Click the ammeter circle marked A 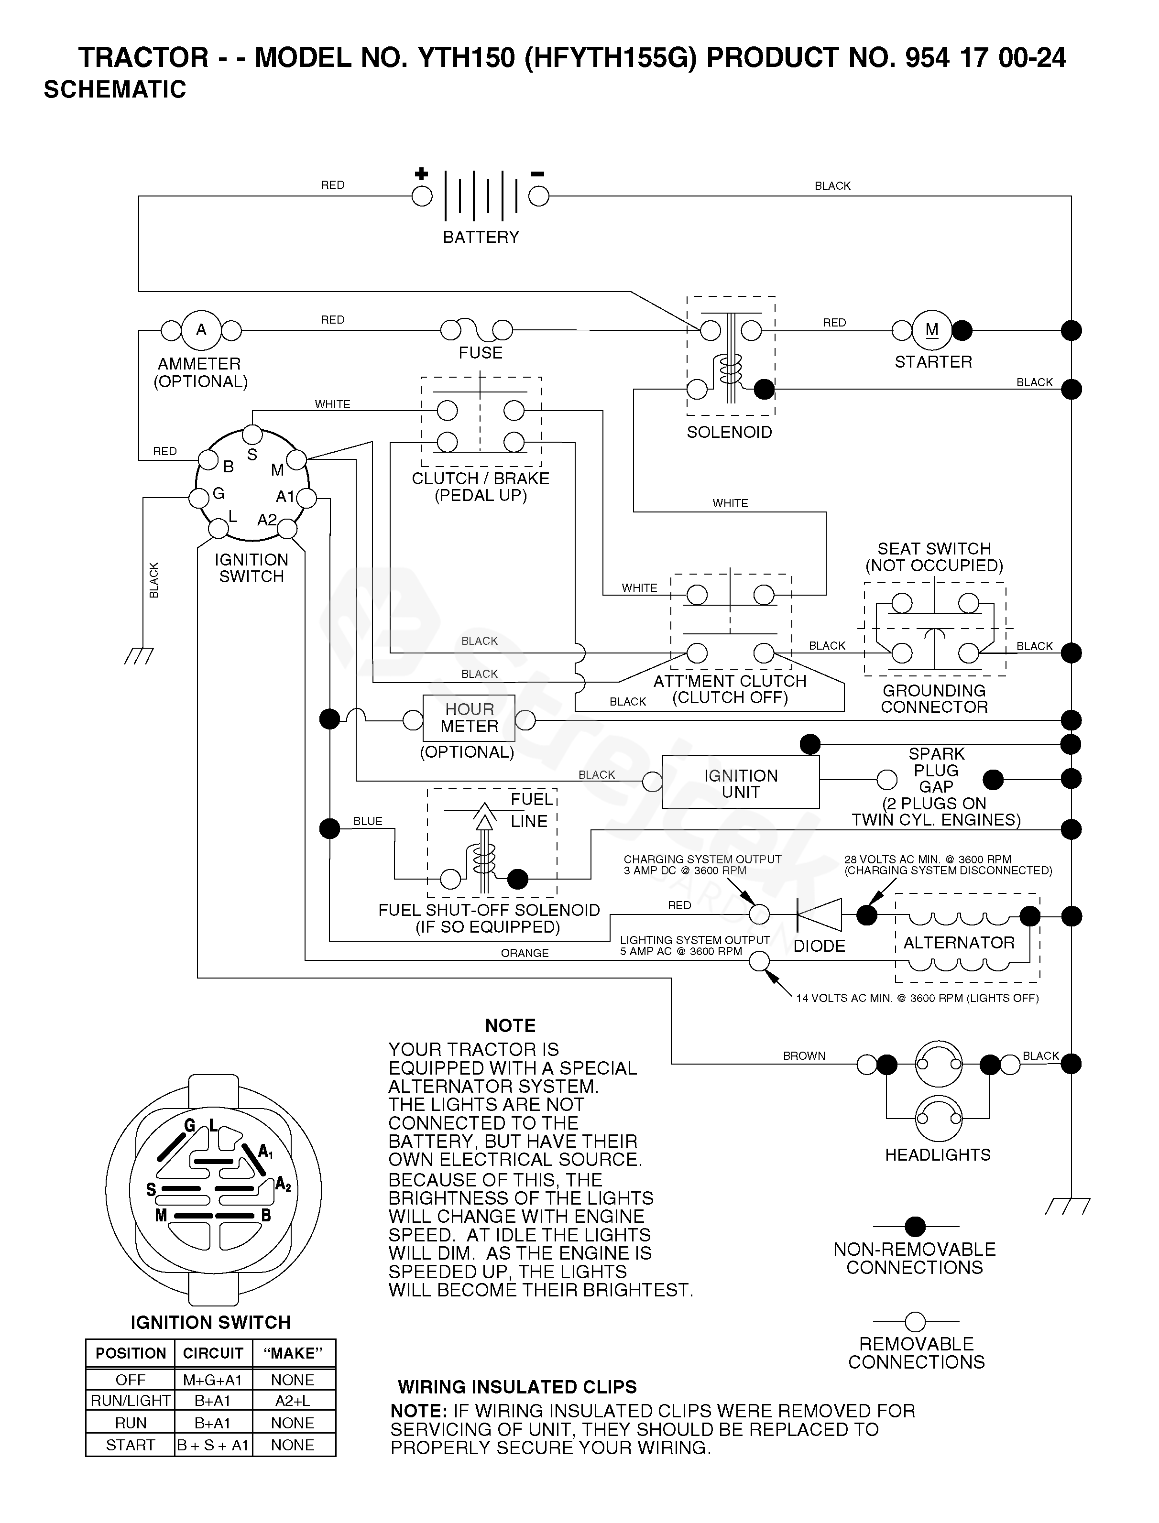[201, 330]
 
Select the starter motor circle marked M [932, 330]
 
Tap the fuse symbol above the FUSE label [477, 330]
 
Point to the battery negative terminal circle [539, 196]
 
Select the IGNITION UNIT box [741, 782]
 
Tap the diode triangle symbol [819, 915]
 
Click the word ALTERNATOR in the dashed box [959, 942]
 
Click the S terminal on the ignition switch [253, 435]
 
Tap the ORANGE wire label [525, 953]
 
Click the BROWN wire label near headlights [804, 1055]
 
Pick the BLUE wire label [368, 821]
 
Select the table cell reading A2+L [293, 1400]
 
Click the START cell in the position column [131, 1445]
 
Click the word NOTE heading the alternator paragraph [511, 1026]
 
